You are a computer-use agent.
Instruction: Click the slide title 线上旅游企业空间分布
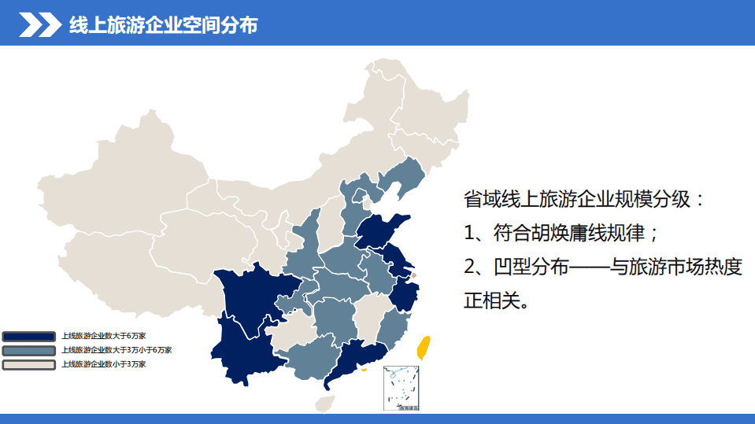(163, 25)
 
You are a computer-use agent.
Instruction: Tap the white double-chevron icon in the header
(40, 25)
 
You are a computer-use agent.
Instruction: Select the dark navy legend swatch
(28, 337)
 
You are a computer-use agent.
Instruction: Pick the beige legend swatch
(28, 365)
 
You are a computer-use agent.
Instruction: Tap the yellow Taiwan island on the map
(423, 347)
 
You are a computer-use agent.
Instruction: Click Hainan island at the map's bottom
(324, 404)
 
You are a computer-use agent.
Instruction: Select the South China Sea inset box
(402, 389)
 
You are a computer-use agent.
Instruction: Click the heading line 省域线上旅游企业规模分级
(583, 198)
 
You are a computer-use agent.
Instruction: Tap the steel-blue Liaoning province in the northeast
(402, 181)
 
